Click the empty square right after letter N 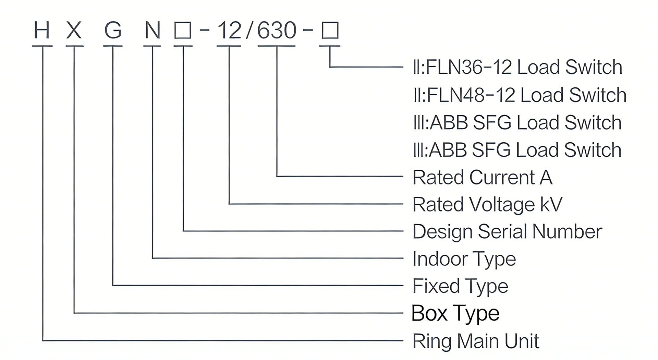[183, 31]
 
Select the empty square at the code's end [330, 31]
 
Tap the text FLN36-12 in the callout [469, 67]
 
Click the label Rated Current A [482, 178]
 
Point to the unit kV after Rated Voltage [551, 204]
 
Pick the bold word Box [429, 313]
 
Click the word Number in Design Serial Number [567, 231]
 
